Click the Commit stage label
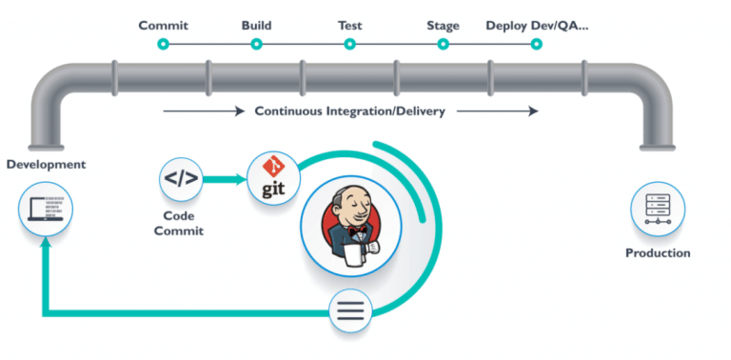[163, 25]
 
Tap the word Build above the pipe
[257, 25]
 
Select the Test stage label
[350, 25]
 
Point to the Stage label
[443, 25]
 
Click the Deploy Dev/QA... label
[537, 25]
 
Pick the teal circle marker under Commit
[163, 44]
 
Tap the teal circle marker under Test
[350, 44]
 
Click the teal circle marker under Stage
[444, 44]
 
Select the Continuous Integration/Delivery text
[349, 110]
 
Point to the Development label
[46, 165]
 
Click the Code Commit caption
[181, 223]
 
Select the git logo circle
[268, 176]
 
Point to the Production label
[658, 253]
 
